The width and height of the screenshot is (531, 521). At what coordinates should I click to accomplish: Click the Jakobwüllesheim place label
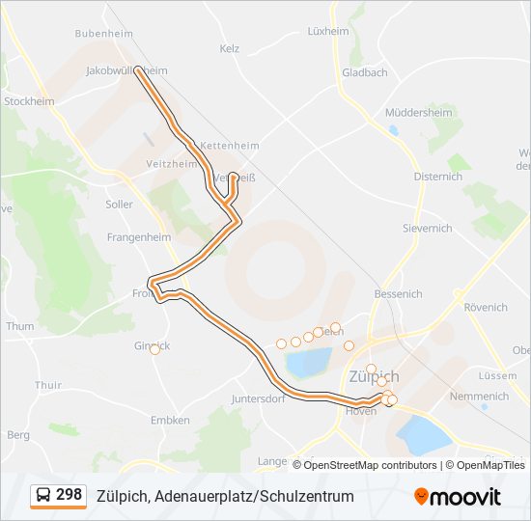[x=126, y=70]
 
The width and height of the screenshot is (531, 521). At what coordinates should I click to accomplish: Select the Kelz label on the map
[x=229, y=48]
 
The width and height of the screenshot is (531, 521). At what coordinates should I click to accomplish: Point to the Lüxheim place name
[x=327, y=31]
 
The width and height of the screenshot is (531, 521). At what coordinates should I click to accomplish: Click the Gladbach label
[x=364, y=72]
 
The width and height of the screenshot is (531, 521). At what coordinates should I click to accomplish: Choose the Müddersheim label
[x=418, y=112]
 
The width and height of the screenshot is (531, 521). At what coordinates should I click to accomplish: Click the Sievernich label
[x=427, y=229]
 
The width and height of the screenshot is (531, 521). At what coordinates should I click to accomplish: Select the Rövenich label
[x=485, y=308]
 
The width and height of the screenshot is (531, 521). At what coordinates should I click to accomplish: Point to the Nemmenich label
[x=479, y=397]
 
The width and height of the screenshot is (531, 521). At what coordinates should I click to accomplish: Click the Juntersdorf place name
[x=258, y=398]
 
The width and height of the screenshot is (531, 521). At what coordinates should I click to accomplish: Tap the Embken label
[x=170, y=421]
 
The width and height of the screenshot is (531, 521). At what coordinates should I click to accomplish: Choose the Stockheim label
[x=27, y=100]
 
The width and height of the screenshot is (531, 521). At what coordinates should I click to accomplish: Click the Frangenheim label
[x=138, y=236]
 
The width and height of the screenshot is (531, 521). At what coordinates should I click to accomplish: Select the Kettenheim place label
[x=229, y=146]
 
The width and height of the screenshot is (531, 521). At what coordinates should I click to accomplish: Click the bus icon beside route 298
[x=43, y=496]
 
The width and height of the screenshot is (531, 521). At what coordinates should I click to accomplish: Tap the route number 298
[x=69, y=495]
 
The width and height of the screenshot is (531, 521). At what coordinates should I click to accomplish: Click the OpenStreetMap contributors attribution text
[x=364, y=465]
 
